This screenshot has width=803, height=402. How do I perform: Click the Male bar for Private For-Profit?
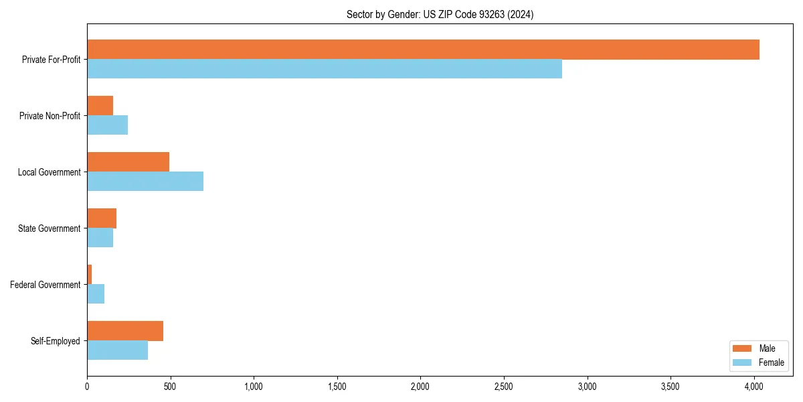pyautogui.click(x=423, y=50)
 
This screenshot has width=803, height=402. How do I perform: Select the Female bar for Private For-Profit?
pyautogui.click(x=325, y=69)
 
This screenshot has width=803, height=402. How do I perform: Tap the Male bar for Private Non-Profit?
pyautogui.click(x=100, y=106)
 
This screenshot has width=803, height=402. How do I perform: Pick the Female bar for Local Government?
pyautogui.click(x=145, y=182)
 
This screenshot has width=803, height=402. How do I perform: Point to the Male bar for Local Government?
pyautogui.click(x=128, y=162)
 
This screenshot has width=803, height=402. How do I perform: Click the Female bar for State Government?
pyautogui.click(x=100, y=238)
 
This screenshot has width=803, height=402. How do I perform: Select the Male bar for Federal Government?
pyautogui.click(x=89, y=275)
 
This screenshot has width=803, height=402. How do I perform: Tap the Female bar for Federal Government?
pyautogui.click(x=96, y=294)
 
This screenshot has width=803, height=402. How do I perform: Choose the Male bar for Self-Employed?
pyautogui.click(x=125, y=331)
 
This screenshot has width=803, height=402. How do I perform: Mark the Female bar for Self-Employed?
pyautogui.click(x=117, y=350)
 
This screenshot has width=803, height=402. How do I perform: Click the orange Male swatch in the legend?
pyautogui.click(x=743, y=348)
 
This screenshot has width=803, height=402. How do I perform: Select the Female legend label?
pyautogui.click(x=772, y=362)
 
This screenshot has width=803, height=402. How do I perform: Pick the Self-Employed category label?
pyautogui.click(x=56, y=341)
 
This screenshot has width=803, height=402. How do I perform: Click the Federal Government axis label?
pyautogui.click(x=46, y=285)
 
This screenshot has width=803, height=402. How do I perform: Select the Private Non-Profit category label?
pyautogui.click(x=50, y=116)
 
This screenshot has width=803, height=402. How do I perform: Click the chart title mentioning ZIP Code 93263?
pyautogui.click(x=440, y=14)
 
